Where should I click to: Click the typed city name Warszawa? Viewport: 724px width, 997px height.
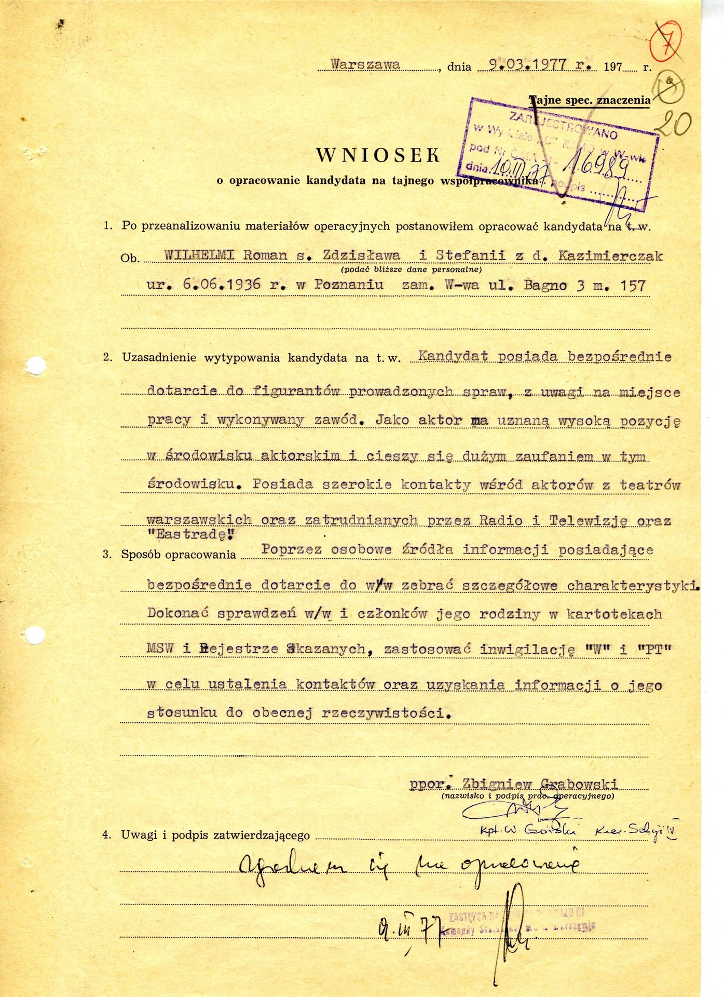[x=366, y=64]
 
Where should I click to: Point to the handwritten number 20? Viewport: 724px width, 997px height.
[x=673, y=124]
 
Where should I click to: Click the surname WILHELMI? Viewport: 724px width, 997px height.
[x=199, y=255]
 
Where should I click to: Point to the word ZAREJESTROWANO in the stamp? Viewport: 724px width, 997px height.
[x=563, y=125]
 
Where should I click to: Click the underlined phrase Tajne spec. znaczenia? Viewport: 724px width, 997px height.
[x=590, y=100]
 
